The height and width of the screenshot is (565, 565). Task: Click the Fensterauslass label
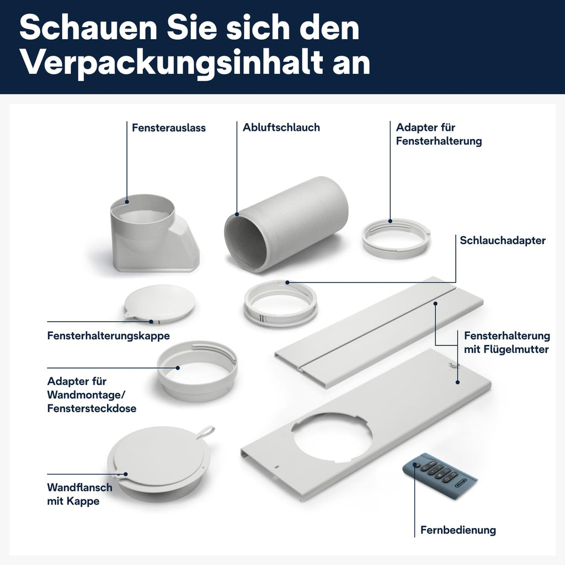pyautogui.click(x=168, y=128)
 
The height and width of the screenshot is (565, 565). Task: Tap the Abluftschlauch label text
pyautogui.click(x=281, y=127)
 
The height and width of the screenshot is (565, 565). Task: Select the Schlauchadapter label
pyautogui.click(x=503, y=241)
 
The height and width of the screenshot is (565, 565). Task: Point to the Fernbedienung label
pyautogui.click(x=458, y=530)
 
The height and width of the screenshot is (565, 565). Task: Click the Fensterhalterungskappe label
pyautogui.click(x=108, y=335)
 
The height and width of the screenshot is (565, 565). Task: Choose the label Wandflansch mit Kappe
pyautogui.click(x=79, y=494)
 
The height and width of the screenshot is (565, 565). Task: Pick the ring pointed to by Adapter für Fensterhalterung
pyautogui.click(x=396, y=238)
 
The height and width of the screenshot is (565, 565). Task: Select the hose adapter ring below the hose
pyautogui.click(x=280, y=303)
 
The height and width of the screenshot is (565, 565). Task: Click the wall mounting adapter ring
pyautogui.click(x=197, y=370)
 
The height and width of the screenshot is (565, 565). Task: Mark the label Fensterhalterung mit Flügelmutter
pyautogui.click(x=507, y=343)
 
